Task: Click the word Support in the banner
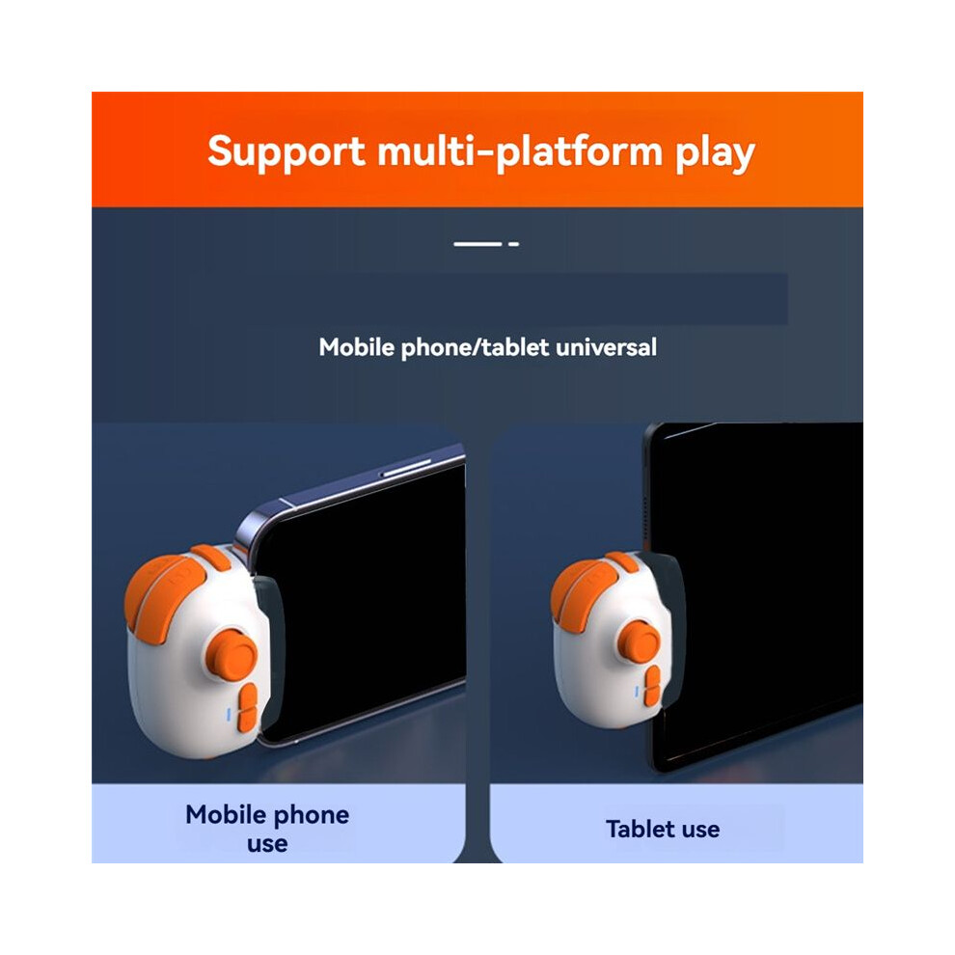(x=286, y=152)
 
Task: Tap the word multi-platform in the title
(x=520, y=151)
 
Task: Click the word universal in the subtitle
(x=606, y=347)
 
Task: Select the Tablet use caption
(x=663, y=829)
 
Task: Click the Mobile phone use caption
(x=267, y=829)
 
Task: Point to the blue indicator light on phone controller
(x=229, y=715)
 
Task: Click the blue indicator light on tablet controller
(x=637, y=692)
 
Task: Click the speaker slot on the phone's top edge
(x=405, y=468)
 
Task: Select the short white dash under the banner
(x=513, y=244)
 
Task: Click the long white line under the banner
(x=477, y=244)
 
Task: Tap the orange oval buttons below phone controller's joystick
(x=247, y=708)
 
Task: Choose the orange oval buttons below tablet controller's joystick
(x=652, y=687)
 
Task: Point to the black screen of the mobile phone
(x=366, y=603)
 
